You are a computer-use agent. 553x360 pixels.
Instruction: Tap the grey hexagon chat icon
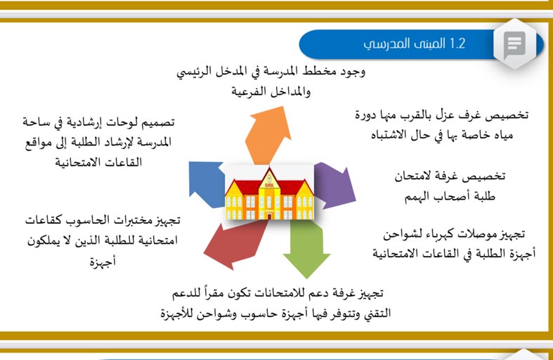pyautogui.click(x=515, y=44)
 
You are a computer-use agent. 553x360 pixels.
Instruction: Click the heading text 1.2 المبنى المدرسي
pyautogui.click(x=414, y=44)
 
